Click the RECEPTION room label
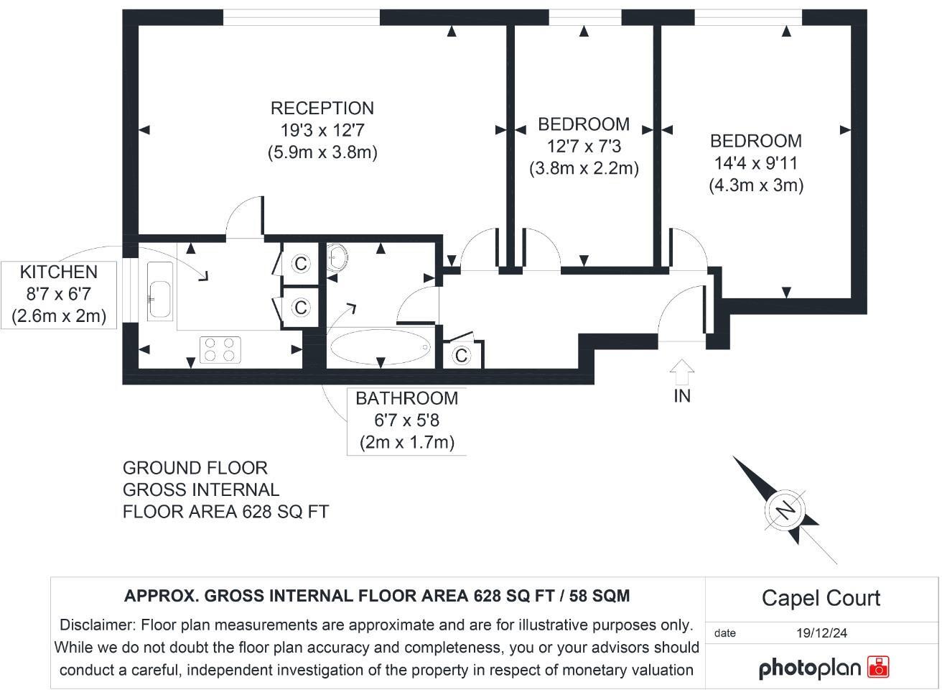point(322,109)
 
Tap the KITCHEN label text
point(58,272)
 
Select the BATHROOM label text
point(406,398)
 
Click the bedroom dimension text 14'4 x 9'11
point(755,163)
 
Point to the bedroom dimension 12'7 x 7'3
point(584,147)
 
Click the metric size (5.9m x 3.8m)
point(322,152)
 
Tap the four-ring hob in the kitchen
point(220,349)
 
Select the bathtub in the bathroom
point(379,348)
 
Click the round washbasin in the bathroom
point(336,257)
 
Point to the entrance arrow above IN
point(681,372)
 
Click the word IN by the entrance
point(681,396)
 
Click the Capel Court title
point(821,598)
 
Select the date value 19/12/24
point(821,633)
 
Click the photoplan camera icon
point(878,667)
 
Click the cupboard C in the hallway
point(461,356)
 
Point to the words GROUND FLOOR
point(195,468)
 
